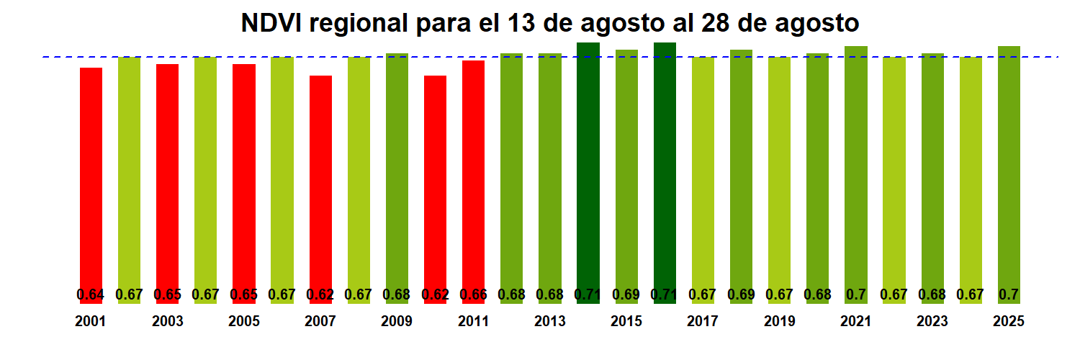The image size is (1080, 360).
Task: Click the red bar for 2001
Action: pos(91,180)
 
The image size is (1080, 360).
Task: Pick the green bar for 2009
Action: pos(397,173)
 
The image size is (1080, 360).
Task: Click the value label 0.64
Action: pos(91,294)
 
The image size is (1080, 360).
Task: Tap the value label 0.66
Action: pos(473,294)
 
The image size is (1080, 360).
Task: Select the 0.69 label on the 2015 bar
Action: pos(626,294)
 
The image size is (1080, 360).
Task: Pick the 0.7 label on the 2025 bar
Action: pos(1009,294)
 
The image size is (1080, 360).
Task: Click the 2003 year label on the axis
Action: pos(167,322)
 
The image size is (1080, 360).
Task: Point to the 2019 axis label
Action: pos(779,322)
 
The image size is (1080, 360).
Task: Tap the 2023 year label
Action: pos(932,322)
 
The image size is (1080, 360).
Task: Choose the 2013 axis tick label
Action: pos(550,322)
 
